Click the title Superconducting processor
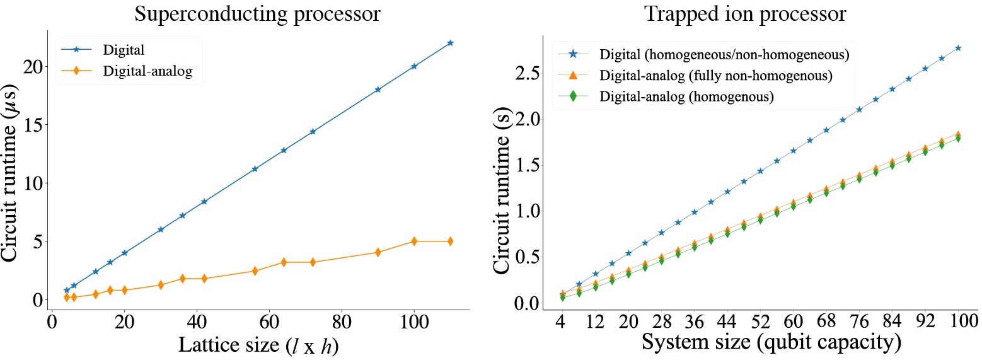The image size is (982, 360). click(x=258, y=14)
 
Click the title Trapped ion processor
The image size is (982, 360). click(x=744, y=14)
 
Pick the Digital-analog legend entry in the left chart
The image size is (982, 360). click(x=147, y=71)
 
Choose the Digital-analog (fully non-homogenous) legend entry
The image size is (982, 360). click(x=716, y=76)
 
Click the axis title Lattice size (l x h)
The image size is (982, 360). click(x=258, y=345)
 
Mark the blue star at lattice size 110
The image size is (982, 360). click(x=450, y=43)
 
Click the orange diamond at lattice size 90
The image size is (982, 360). click(x=378, y=252)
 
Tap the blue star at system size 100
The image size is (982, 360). click(x=957, y=48)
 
